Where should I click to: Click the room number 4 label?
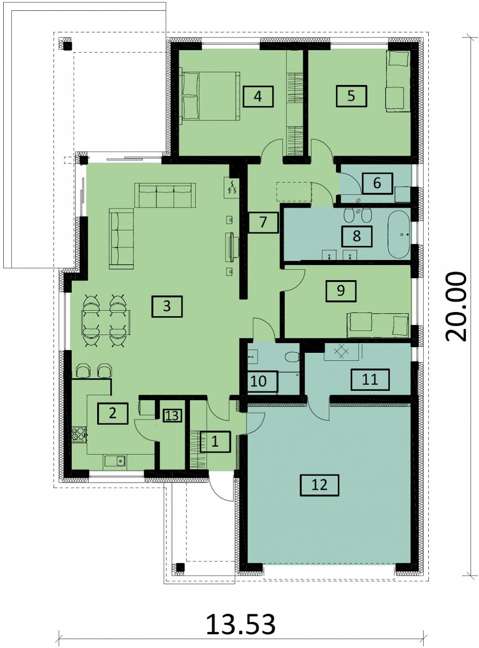point(258,96)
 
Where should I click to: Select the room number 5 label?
point(351,96)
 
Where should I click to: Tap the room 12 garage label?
point(319,485)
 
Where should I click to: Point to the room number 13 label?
point(172,415)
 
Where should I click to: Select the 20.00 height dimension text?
point(456,306)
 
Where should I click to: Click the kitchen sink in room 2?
point(114,461)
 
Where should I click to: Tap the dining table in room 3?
point(106,322)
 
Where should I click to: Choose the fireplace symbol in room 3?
point(232,187)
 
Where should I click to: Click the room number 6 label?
point(377,183)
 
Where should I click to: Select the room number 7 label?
point(263,223)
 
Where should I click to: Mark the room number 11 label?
point(370,380)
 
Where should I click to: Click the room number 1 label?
point(215,441)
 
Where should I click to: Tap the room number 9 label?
point(341,291)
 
